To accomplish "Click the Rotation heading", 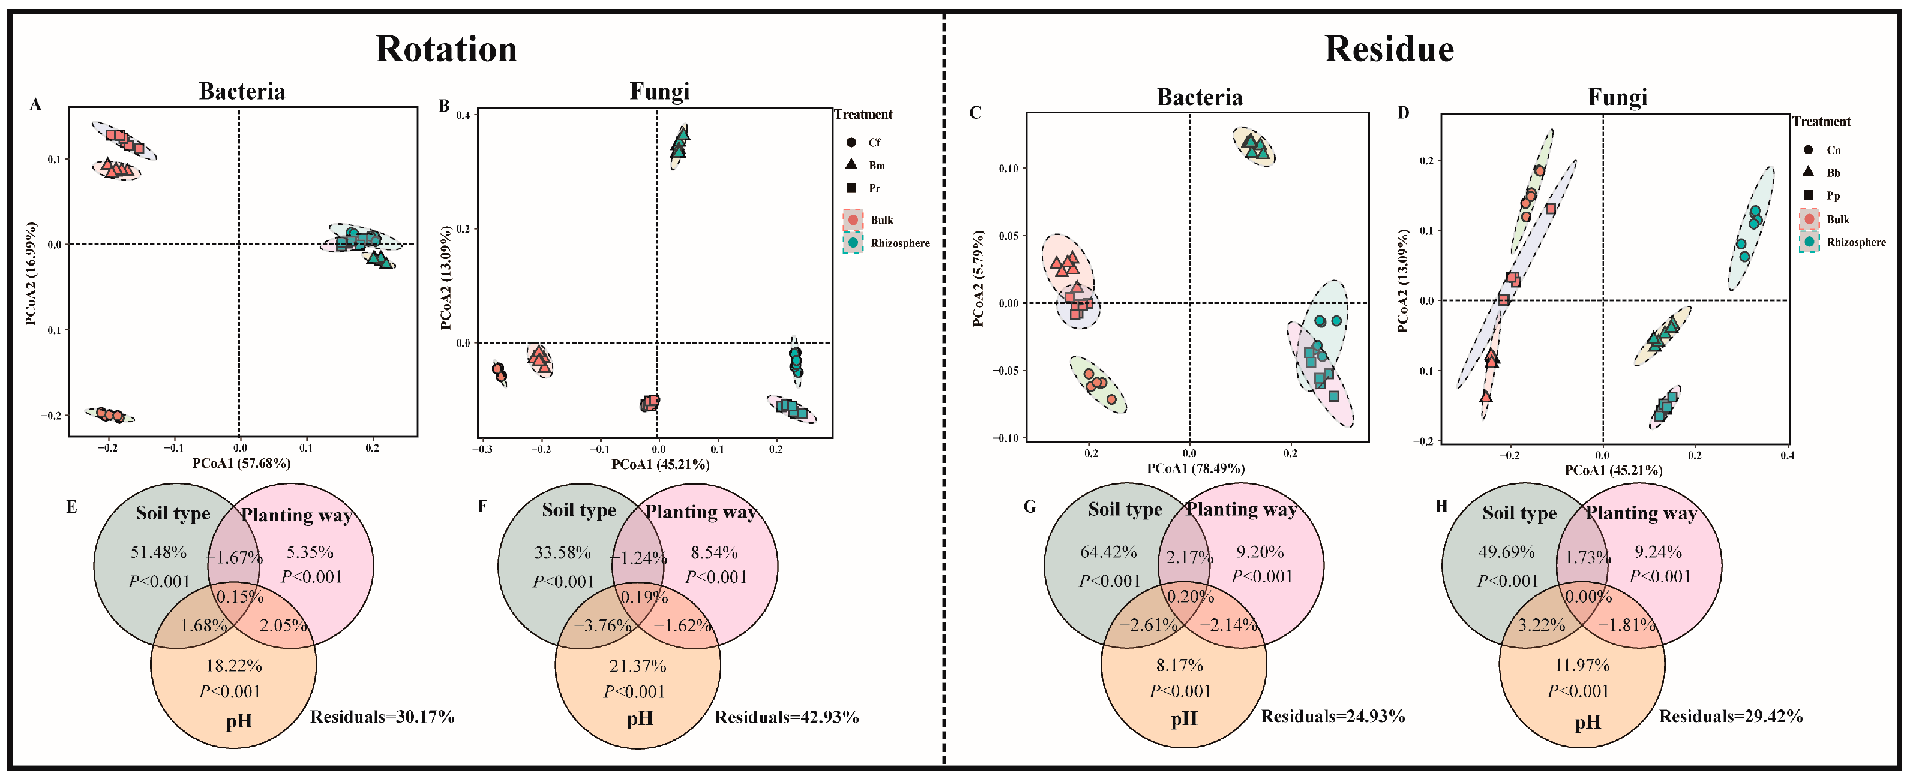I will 446,50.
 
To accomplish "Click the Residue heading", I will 1389,50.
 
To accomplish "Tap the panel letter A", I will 35,104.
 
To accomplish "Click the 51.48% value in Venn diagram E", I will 158,552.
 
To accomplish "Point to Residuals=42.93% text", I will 787,717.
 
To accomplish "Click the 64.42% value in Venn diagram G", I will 1108,552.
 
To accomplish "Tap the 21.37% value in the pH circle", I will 638,666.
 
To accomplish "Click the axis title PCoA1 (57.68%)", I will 242,464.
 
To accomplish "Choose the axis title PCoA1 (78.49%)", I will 1195,468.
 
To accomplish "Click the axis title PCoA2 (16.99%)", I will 31,273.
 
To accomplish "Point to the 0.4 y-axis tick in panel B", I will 463,115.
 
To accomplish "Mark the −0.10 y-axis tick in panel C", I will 1007,438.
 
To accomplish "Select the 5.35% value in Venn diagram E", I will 310,552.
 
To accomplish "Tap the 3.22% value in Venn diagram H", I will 1542,625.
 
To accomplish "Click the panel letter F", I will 482,506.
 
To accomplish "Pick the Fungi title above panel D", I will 1617,97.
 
